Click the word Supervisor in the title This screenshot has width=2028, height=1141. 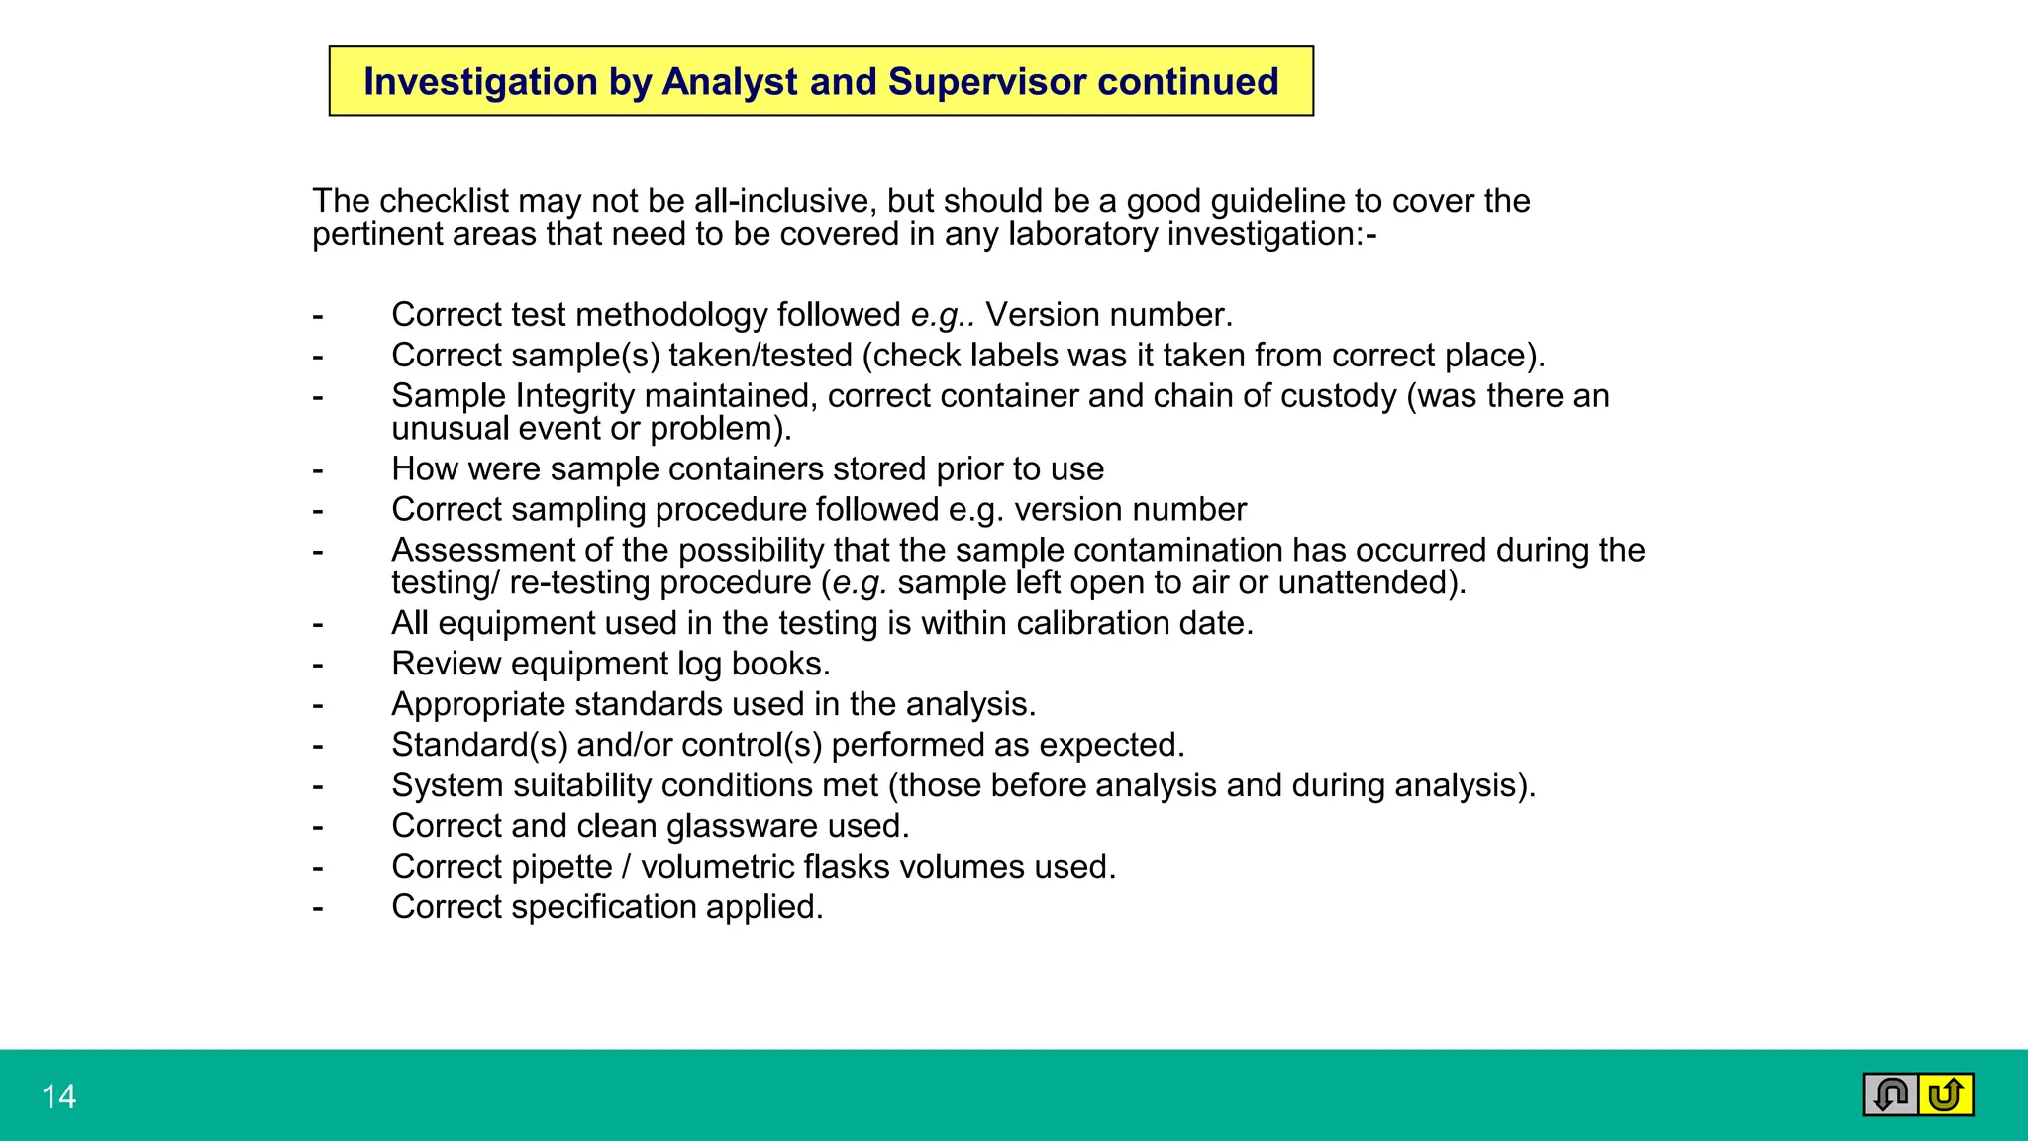click(986, 81)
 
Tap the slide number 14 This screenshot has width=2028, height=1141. click(58, 1096)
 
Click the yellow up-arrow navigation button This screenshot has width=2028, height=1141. click(1946, 1094)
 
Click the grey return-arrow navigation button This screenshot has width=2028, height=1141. click(1890, 1094)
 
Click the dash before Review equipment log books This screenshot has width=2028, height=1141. click(317, 665)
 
